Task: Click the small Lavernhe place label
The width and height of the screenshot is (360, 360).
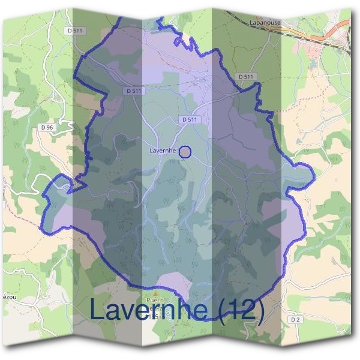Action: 162,151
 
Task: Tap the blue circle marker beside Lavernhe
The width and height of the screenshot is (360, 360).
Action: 185,152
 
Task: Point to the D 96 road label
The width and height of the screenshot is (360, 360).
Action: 47,127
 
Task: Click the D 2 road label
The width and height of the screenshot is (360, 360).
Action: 295,320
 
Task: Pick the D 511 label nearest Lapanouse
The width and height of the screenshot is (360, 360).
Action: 245,77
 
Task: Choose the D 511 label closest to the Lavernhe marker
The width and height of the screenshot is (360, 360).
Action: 190,120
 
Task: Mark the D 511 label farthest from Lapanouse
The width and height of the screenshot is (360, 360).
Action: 76,30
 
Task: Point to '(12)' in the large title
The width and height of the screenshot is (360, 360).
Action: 241,310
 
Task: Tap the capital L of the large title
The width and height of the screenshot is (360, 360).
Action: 98,310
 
